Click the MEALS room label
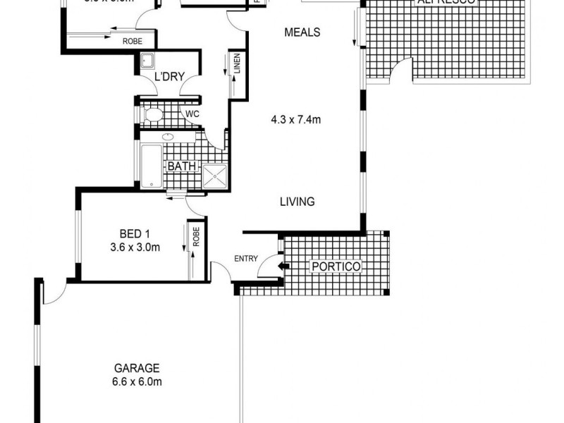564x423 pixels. coord(302,32)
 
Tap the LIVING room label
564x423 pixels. coord(296,202)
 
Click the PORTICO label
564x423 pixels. coord(336,266)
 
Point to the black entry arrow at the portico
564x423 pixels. coord(283,266)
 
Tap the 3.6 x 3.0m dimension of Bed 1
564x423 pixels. coord(135,247)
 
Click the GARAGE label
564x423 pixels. coord(137,368)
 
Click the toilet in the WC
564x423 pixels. coord(152,114)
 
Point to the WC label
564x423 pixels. coord(191,113)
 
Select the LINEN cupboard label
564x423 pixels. coord(238,65)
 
